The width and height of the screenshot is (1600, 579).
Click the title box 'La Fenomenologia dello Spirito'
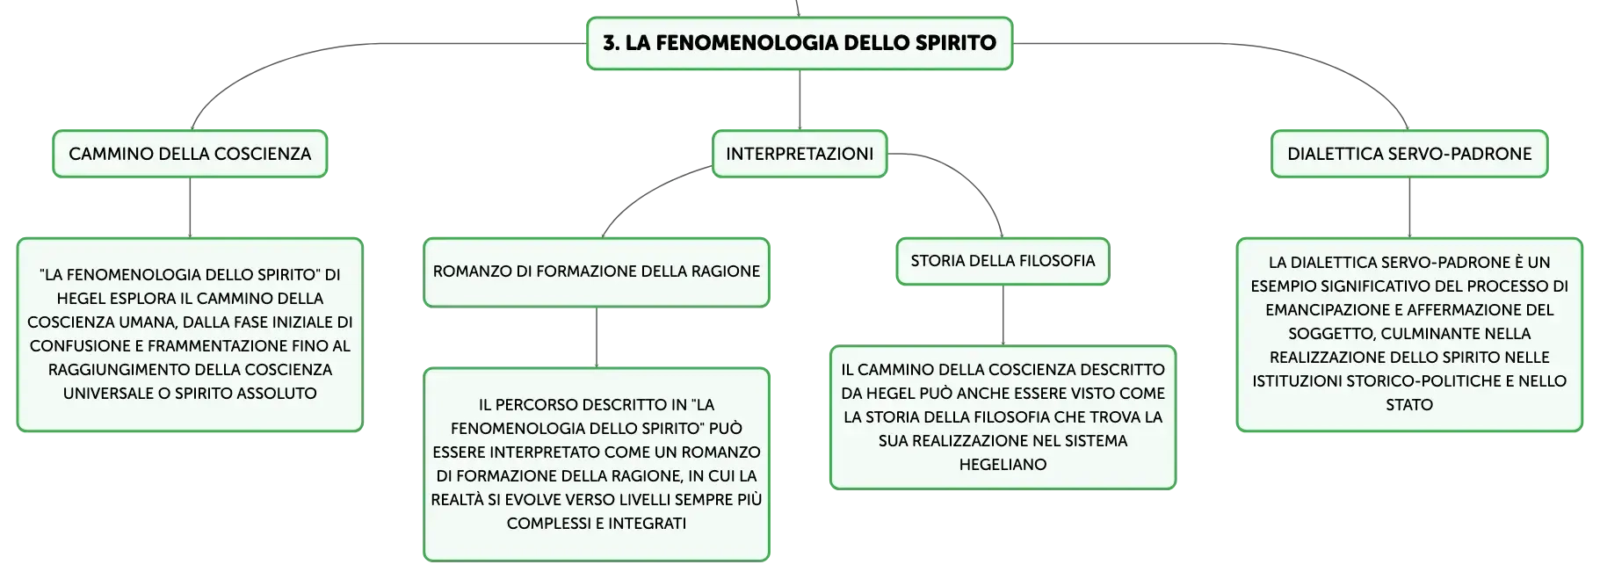tap(800, 43)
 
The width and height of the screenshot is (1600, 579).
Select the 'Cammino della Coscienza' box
tap(190, 154)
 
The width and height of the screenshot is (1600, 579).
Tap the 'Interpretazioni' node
tap(800, 154)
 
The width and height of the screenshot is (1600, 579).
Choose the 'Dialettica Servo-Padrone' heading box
tap(1409, 154)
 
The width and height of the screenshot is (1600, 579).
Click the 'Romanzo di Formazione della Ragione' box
tap(597, 272)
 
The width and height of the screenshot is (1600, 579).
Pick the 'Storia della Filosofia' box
tap(1003, 261)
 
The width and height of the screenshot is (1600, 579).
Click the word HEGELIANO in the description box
tap(1003, 465)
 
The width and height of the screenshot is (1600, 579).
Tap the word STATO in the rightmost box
tap(1409, 405)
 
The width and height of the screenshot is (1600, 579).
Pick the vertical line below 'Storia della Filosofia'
tap(1003, 315)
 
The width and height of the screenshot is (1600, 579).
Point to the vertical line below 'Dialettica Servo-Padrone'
tap(1409, 207)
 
